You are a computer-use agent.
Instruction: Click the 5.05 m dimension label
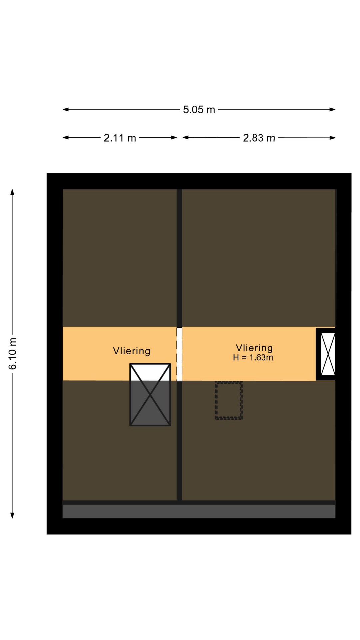199,109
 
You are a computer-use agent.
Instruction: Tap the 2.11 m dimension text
120,138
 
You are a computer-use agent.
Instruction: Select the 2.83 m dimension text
259,138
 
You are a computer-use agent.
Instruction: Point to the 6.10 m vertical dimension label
13,353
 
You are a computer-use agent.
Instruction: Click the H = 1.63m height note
253,358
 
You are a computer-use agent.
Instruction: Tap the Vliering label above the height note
254,348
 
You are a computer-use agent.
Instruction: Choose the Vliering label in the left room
132,351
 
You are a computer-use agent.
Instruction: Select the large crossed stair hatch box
150,395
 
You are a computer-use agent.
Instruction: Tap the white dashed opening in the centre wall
179,354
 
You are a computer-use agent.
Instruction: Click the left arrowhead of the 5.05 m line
66,109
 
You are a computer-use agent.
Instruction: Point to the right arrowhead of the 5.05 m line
332,109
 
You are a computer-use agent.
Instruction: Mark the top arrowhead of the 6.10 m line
12,192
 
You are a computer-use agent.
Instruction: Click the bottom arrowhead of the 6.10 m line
12,515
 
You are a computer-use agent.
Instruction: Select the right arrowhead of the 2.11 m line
174,138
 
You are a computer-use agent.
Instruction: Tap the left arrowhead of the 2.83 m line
186,137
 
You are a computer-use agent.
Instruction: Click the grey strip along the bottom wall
199,511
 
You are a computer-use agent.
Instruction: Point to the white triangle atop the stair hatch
150,373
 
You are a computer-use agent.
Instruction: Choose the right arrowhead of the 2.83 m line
332,138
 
